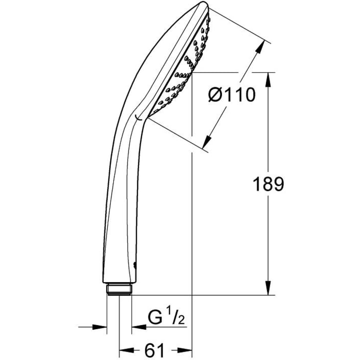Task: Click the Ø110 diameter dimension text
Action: pyautogui.click(x=232, y=95)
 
